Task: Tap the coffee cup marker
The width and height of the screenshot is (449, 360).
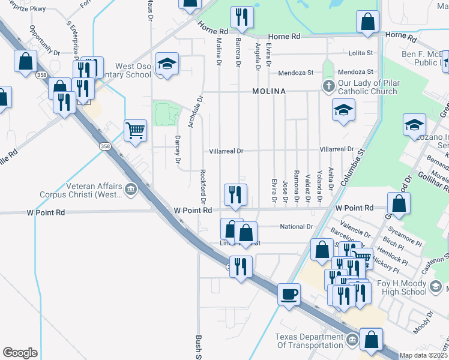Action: (x=289, y=295)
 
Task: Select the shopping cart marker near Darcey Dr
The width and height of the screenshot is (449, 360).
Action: (x=136, y=130)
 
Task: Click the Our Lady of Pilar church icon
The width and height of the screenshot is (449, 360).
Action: (x=328, y=86)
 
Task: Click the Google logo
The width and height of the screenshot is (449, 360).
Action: (x=20, y=353)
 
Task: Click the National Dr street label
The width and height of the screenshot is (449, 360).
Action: (x=297, y=227)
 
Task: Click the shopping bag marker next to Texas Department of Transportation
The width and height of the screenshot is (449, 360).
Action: (x=372, y=339)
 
